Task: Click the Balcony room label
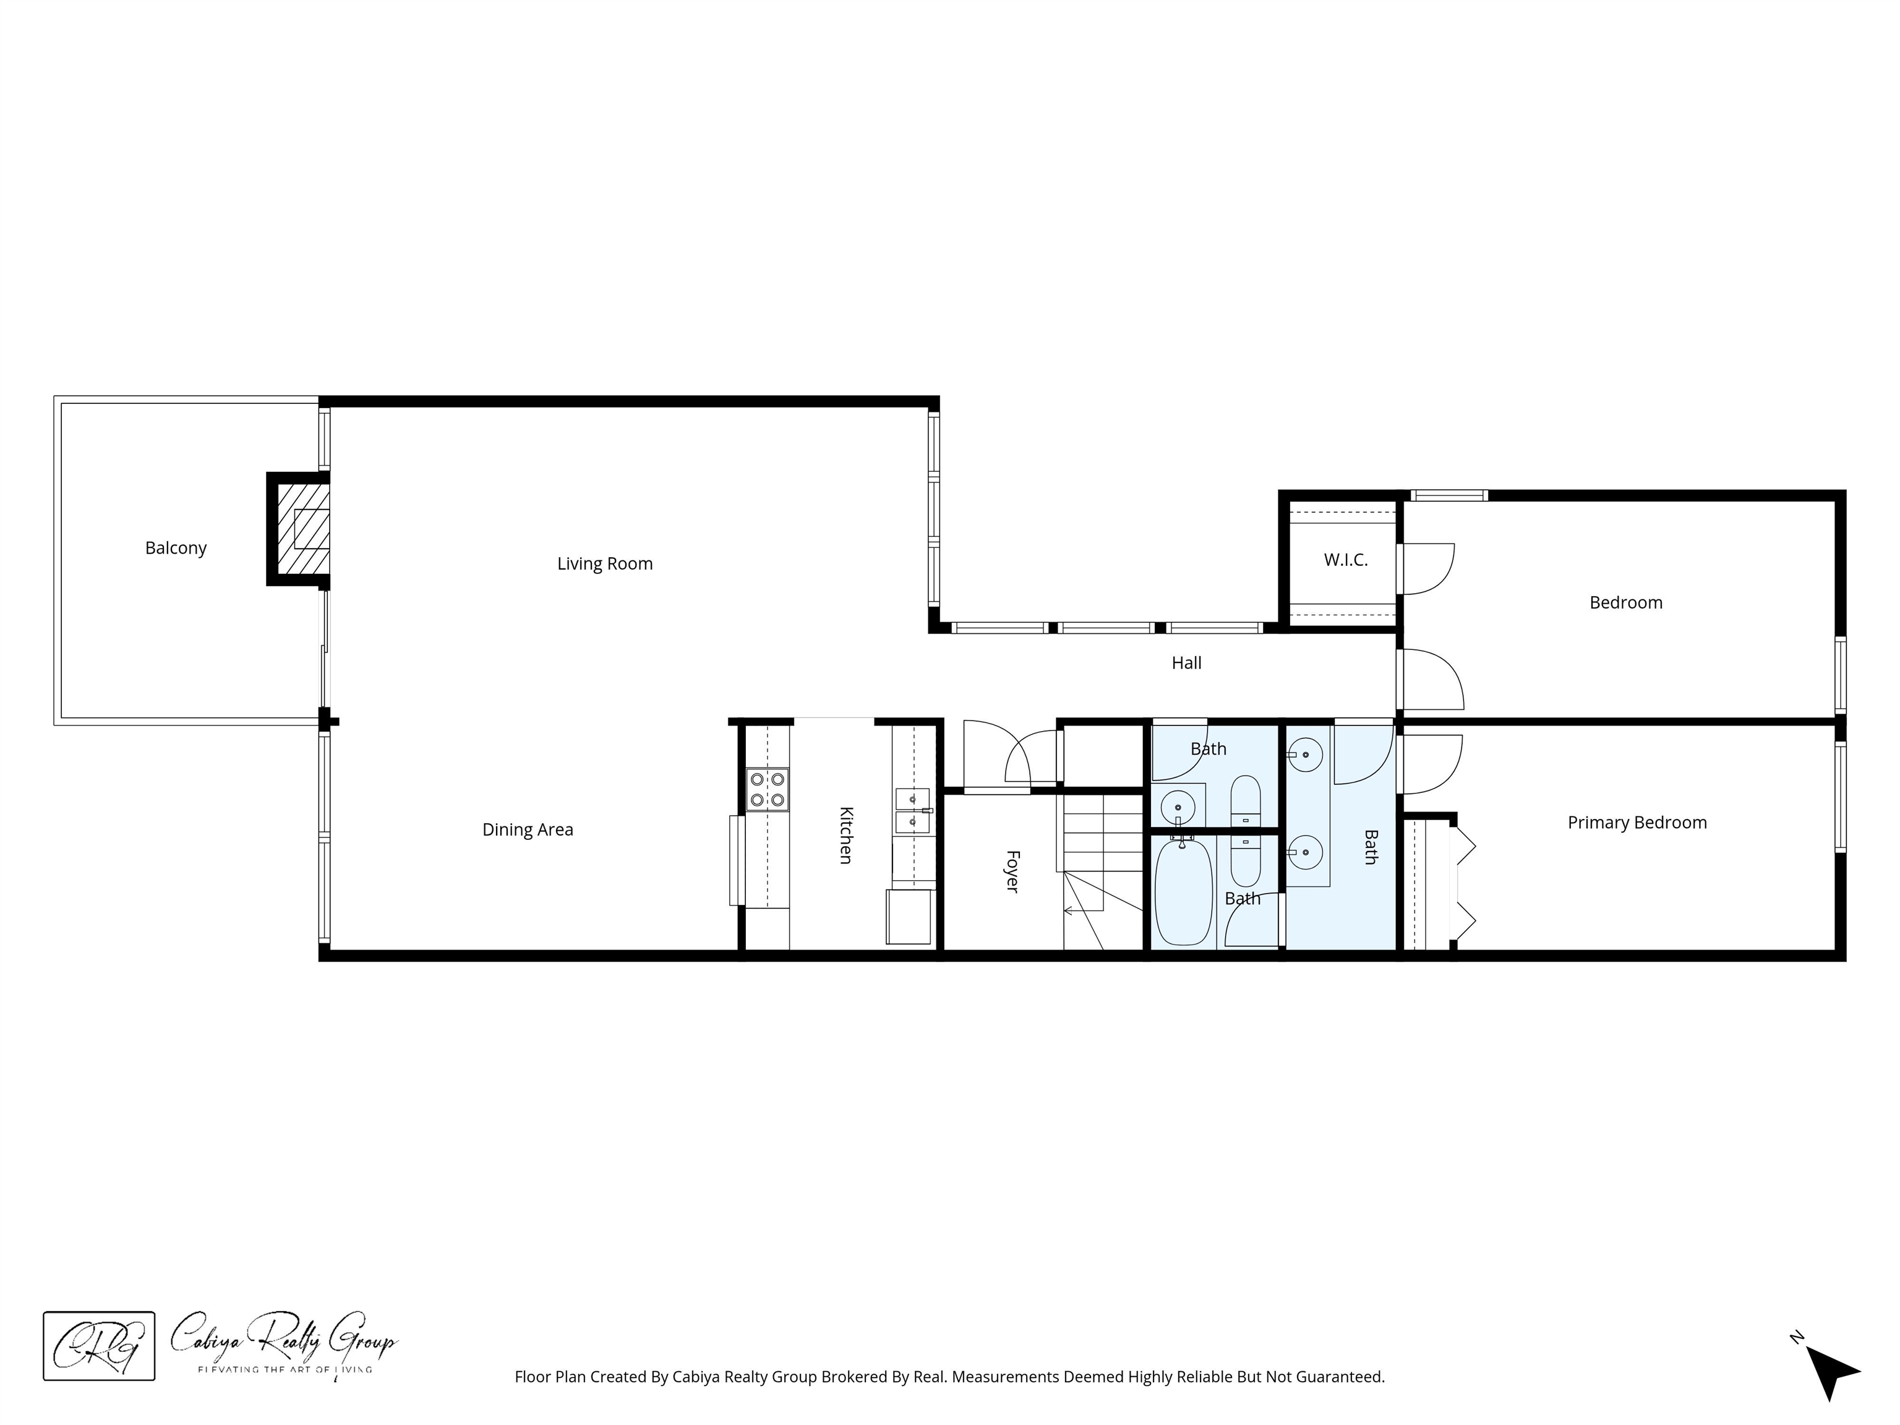click(x=176, y=548)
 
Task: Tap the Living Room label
click(x=605, y=563)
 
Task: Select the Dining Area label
click(x=528, y=830)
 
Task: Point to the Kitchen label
click(x=846, y=835)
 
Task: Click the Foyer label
click(x=1012, y=872)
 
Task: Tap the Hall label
click(x=1186, y=663)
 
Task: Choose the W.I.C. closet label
click(x=1345, y=560)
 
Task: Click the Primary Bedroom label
click(x=1637, y=823)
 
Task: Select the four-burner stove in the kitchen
click(x=767, y=789)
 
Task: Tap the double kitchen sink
click(x=912, y=811)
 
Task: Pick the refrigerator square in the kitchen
click(x=909, y=917)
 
